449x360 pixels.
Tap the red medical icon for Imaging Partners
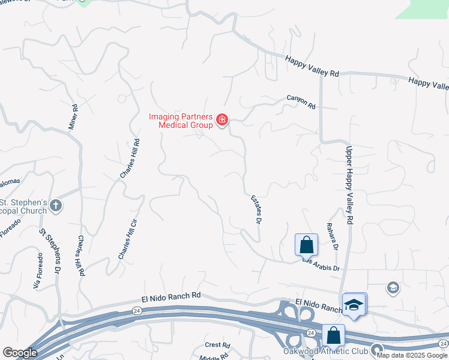pyautogui.click(x=222, y=121)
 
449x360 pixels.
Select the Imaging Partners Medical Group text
pyautogui.click(x=181, y=121)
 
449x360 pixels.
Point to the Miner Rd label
pyautogui.click(x=73, y=118)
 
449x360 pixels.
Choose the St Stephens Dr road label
pyautogui.click(x=50, y=252)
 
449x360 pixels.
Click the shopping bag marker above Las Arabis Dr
pyautogui.click(x=306, y=245)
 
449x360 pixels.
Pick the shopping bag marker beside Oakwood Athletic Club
pyautogui.click(x=333, y=336)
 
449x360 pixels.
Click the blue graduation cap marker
pyautogui.click(x=354, y=304)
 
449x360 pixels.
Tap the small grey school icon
pyautogui.click(x=393, y=287)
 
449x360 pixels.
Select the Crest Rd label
pyautogui.click(x=217, y=345)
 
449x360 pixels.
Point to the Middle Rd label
pyautogui.click(x=215, y=356)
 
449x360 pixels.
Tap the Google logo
pyautogui.click(x=20, y=353)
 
